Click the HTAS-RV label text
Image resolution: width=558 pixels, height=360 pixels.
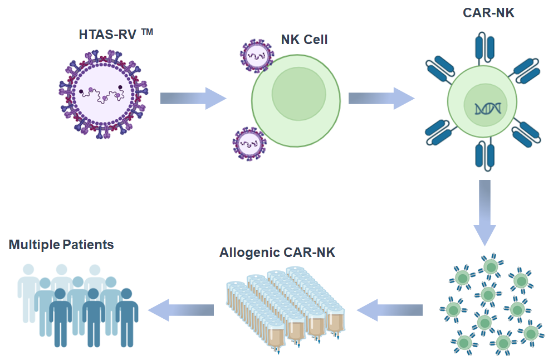pos(108,35)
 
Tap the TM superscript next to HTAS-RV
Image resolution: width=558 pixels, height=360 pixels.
pos(146,32)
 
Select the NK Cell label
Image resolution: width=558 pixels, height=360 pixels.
pos(304,40)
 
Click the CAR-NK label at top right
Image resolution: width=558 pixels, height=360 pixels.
pos(488,13)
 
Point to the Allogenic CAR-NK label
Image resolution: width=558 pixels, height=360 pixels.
pos(277,252)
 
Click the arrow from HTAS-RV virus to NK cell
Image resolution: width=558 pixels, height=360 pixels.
pos(193,99)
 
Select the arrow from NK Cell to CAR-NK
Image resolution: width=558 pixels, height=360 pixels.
pos(381,99)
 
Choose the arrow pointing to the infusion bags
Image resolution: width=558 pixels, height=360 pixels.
pos(390,309)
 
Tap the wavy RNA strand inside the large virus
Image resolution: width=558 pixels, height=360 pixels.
pos(103,96)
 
